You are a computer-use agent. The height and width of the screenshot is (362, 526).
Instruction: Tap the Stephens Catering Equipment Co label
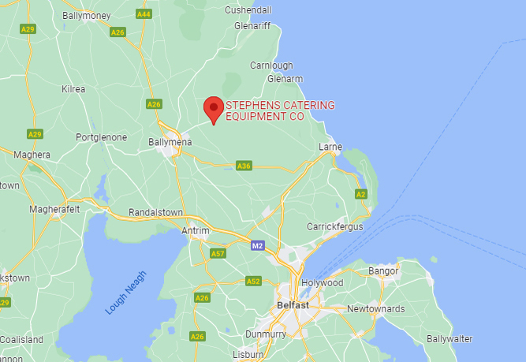280,110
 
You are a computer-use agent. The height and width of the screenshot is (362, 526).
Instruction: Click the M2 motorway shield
257,246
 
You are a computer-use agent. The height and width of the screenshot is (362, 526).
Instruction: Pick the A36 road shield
244,166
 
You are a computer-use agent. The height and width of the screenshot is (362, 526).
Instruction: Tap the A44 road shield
144,14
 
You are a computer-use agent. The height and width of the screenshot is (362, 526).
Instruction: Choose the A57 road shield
218,253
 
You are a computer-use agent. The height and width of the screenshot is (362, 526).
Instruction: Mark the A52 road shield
253,281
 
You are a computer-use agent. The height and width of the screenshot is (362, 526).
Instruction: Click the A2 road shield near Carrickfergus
361,193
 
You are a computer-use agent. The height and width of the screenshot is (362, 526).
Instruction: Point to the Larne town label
330,147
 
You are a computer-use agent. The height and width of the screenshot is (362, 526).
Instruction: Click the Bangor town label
384,271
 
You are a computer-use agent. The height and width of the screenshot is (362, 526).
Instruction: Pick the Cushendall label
248,10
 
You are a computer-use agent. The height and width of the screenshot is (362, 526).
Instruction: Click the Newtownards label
375,308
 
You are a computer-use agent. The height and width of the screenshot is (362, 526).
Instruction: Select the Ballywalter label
450,338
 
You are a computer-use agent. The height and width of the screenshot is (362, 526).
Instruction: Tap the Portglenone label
101,136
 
